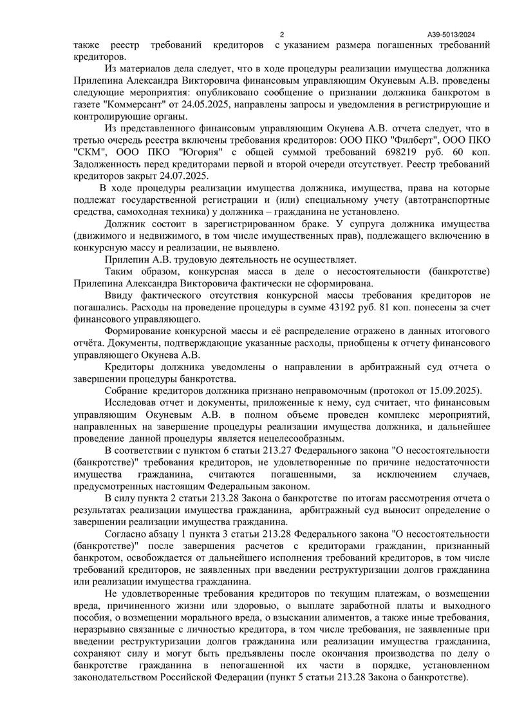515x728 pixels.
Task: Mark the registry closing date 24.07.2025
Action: (x=189, y=176)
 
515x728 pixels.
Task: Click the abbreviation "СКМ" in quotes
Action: (x=89, y=152)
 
